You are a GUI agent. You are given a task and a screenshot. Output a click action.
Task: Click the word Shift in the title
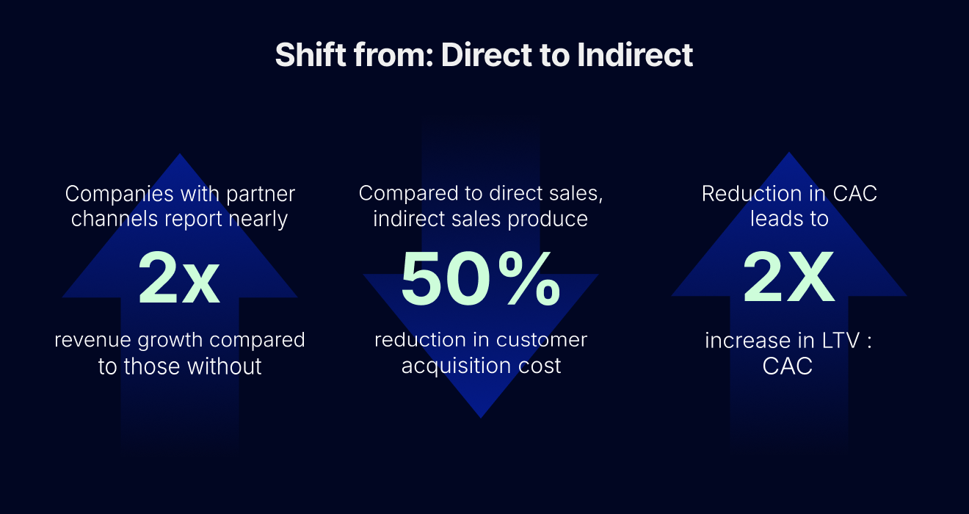[x=311, y=54]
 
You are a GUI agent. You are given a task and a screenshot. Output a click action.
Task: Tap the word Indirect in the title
[x=635, y=54]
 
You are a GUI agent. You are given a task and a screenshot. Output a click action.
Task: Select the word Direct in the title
[x=486, y=54]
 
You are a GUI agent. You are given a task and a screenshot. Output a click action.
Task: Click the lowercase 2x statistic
[x=178, y=278]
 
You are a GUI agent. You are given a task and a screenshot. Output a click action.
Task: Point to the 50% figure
[x=481, y=278]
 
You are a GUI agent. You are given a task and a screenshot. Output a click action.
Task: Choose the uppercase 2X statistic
[x=788, y=277]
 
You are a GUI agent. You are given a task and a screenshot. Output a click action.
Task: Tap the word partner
[x=261, y=195]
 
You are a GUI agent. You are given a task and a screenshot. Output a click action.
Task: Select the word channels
[x=115, y=219]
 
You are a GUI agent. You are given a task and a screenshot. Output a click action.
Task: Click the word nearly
[x=258, y=220]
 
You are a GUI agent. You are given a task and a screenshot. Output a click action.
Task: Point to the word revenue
[x=92, y=340]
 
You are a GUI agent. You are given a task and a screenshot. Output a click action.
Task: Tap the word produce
[x=548, y=220]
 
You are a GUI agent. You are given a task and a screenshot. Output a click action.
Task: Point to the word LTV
[x=841, y=341]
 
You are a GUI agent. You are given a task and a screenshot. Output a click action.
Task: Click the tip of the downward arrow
[x=481, y=418]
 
